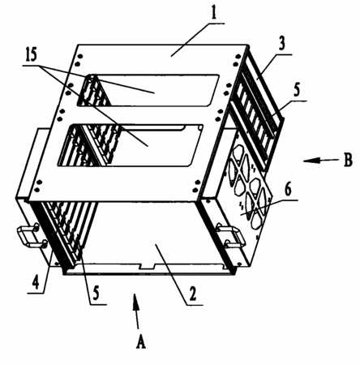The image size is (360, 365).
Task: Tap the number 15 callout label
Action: point(31,55)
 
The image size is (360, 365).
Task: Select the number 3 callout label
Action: point(281,44)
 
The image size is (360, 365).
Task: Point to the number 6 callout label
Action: point(289,189)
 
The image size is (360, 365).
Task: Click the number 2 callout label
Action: point(192,294)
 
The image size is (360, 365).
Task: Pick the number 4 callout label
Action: point(36,282)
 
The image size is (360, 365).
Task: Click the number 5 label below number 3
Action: point(297,89)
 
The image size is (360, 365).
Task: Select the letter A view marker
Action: point(140,341)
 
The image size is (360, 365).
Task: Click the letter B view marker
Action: point(348,160)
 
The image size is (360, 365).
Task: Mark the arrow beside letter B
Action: point(321,161)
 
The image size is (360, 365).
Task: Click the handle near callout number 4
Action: point(32,236)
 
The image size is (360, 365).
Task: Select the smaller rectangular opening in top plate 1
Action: point(148,90)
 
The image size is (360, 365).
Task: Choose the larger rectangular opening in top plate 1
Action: point(130,145)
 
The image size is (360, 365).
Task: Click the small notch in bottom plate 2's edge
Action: point(146,266)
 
